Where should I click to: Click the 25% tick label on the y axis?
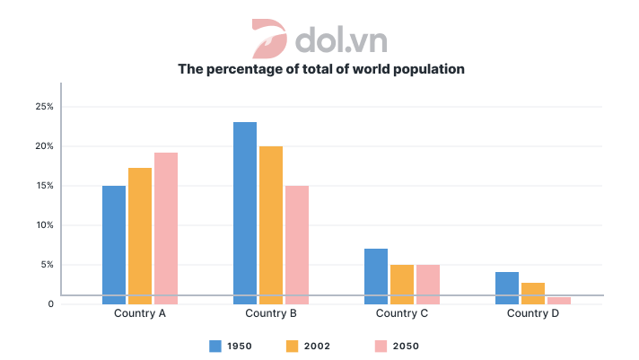44,107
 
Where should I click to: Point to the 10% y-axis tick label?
44,225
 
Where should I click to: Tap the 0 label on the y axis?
51,304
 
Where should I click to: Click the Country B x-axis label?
271,314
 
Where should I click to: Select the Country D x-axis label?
533,314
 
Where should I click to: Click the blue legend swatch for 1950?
215,346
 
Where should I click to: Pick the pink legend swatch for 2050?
380,346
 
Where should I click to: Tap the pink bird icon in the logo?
267,38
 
